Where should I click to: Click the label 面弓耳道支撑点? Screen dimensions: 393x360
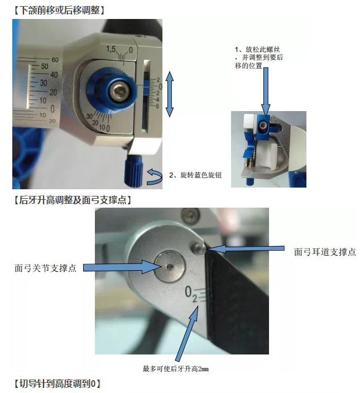click(x=325, y=252)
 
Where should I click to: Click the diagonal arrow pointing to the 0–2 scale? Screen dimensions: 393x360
click(x=186, y=332)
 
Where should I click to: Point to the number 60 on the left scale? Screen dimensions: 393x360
click(x=55, y=60)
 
